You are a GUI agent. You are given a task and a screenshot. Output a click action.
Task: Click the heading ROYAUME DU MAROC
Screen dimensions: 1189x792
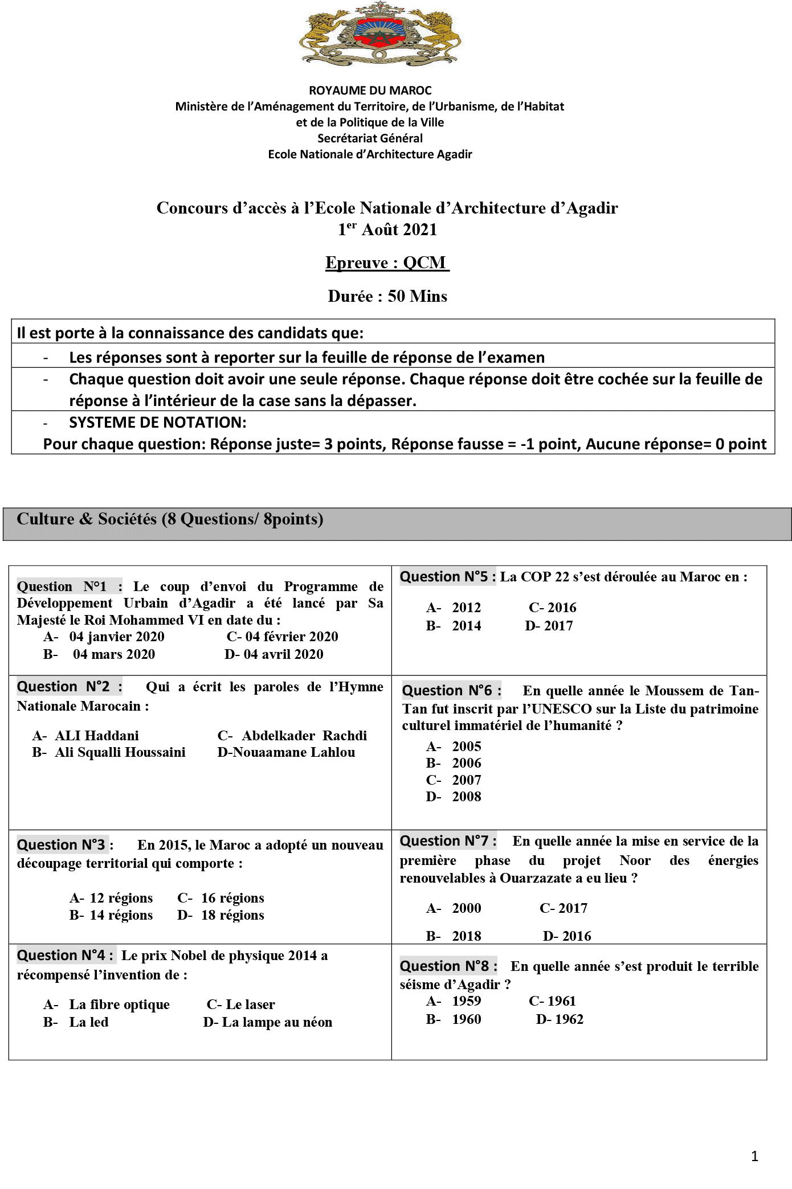(370, 91)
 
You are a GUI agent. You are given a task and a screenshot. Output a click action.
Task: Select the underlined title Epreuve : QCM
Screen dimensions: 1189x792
(387, 263)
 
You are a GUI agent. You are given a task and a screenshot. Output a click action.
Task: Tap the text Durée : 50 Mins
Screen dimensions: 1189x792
(387, 296)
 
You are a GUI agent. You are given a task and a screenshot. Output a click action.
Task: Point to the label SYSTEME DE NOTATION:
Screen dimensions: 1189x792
(158, 423)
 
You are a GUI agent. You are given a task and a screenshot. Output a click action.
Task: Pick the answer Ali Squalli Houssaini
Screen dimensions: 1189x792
(120, 752)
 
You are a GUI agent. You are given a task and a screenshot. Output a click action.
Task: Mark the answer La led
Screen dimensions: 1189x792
(88, 1022)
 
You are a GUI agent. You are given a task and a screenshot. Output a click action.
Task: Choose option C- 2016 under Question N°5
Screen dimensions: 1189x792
(552, 608)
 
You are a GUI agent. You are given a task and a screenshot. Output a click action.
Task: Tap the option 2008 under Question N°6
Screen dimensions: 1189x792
(466, 797)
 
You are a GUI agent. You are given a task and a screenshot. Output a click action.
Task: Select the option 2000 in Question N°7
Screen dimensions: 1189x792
(466, 908)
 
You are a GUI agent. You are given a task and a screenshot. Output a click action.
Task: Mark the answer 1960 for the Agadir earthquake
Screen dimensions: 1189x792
(466, 1019)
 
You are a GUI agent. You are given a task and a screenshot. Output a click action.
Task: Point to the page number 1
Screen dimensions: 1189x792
(754, 1156)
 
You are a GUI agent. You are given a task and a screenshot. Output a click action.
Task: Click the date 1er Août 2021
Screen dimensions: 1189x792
(387, 229)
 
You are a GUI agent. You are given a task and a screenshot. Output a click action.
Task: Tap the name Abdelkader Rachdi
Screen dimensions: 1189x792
(304, 736)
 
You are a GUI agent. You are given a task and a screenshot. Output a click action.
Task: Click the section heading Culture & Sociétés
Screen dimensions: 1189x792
(170, 519)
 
